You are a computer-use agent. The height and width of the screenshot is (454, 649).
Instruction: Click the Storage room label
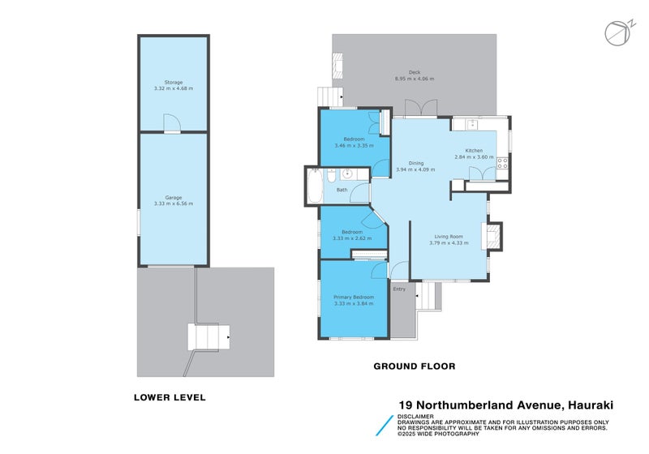[174, 83]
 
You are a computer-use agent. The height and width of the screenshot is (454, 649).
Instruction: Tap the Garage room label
[174, 197]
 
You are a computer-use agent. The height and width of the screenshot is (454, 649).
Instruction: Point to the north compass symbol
[615, 32]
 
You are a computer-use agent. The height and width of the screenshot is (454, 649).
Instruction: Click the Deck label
[414, 73]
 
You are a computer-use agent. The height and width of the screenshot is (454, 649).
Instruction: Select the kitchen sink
[471, 125]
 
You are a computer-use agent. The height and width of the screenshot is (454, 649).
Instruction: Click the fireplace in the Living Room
[492, 237]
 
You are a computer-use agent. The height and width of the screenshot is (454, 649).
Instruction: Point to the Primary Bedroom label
[354, 298]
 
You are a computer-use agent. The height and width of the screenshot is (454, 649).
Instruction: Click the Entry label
[399, 289]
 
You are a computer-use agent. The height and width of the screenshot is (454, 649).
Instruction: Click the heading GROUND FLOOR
[414, 366]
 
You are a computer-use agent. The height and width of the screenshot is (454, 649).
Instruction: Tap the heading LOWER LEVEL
[170, 397]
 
